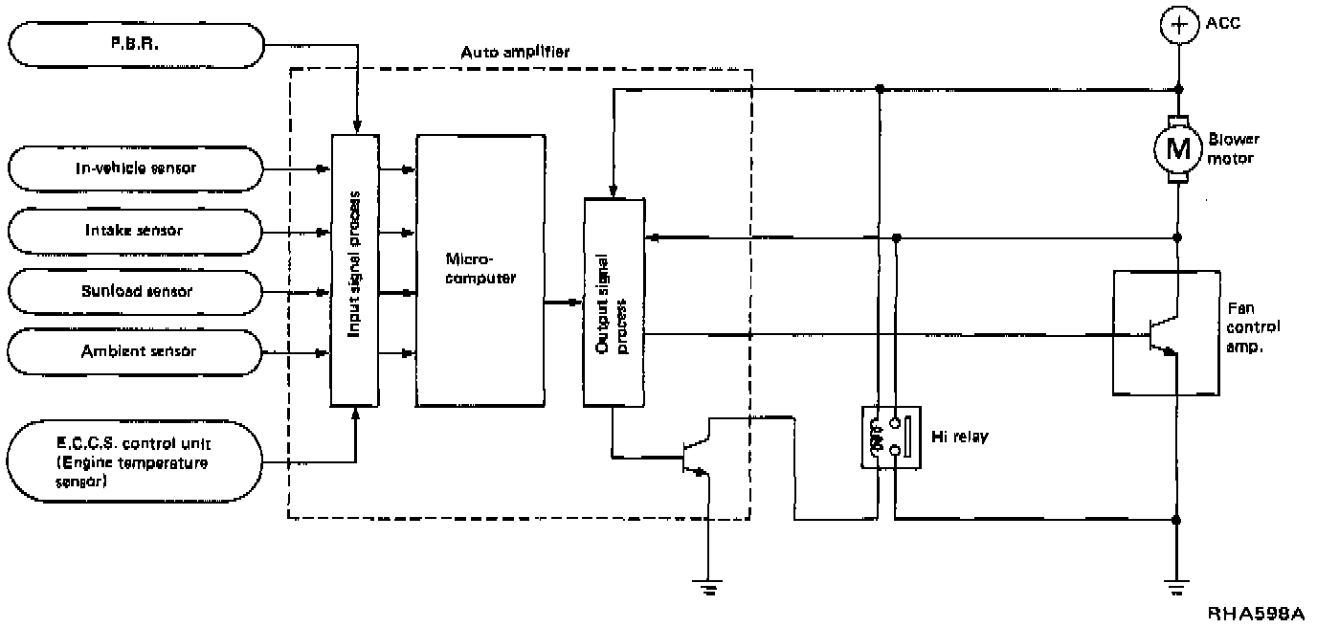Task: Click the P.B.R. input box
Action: tap(135, 44)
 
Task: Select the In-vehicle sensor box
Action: tap(135, 169)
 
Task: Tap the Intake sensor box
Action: tap(135, 231)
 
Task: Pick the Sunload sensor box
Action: tap(135, 291)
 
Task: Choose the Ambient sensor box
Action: tap(135, 351)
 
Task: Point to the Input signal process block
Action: tap(354, 270)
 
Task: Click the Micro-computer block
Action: tap(480, 270)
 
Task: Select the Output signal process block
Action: tap(614, 303)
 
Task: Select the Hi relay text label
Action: tap(960, 437)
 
